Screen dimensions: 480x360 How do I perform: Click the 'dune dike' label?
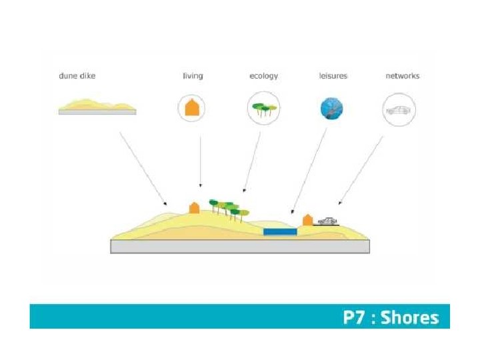tap(77, 76)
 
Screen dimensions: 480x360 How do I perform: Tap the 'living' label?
tap(193, 76)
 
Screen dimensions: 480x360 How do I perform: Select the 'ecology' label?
tap(263, 76)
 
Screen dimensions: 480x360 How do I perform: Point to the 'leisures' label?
tap(333, 76)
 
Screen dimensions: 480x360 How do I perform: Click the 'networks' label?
tap(403, 76)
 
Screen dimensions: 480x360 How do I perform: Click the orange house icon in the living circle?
tap(193, 108)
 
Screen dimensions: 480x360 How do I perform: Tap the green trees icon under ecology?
tap(263, 108)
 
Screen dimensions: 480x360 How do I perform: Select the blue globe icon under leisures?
tap(332, 108)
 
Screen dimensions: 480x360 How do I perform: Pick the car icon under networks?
tap(399, 109)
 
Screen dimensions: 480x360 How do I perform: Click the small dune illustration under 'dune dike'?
tap(97, 107)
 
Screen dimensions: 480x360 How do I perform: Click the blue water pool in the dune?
tap(280, 231)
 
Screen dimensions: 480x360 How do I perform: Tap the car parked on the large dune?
tap(328, 221)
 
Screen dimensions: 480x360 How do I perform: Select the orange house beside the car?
tap(307, 219)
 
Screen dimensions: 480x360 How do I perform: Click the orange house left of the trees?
tap(194, 207)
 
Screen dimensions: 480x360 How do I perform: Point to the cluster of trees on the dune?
tap(228, 208)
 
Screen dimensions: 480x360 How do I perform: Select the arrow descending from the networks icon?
tap(361, 170)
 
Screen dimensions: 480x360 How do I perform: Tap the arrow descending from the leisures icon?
tap(309, 170)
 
